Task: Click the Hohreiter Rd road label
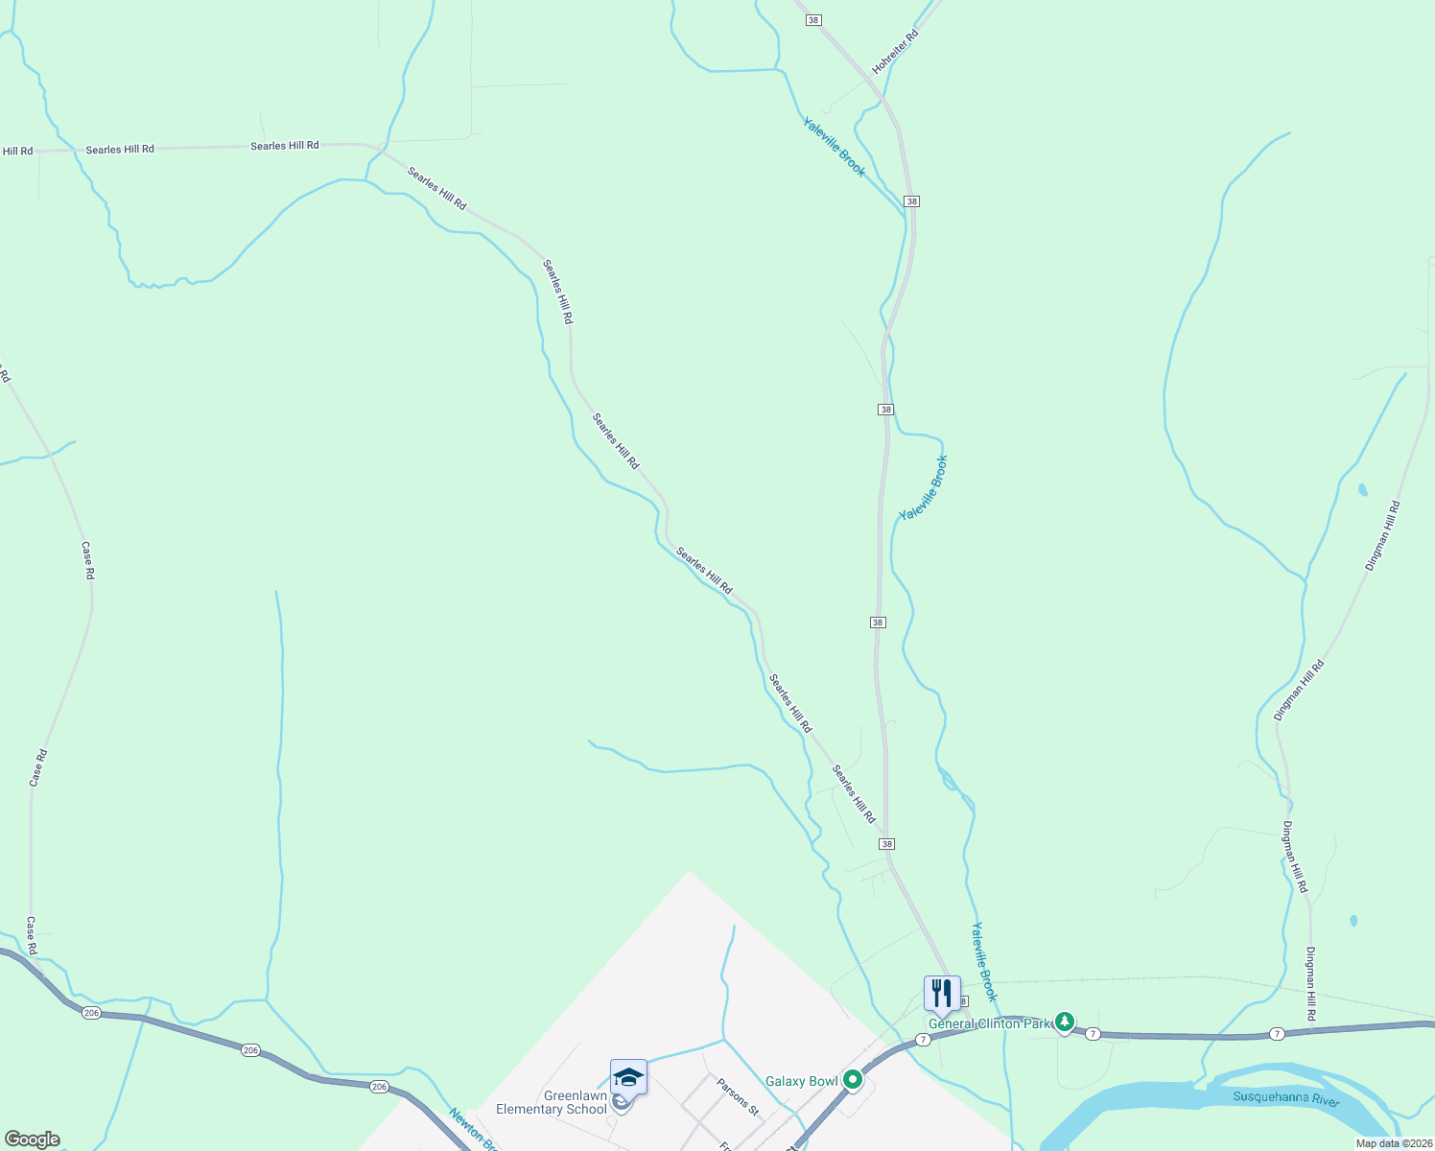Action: coord(895,52)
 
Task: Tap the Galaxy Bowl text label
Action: coord(802,1081)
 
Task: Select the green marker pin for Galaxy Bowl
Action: coord(853,1080)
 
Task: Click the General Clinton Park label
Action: coord(989,1023)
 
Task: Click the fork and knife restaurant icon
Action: coord(942,994)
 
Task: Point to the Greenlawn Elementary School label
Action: coord(552,1102)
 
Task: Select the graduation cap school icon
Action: coord(628,1077)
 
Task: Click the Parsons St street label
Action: coord(738,1096)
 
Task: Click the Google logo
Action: coord(32,1139)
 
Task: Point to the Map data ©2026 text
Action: coord(1394,1143)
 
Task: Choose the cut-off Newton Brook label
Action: coord(473,1130)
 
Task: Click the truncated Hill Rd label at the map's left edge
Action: coord(17,152)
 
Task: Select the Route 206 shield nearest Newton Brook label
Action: coord(380,1087)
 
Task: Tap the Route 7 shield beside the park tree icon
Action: coord(1093,1033)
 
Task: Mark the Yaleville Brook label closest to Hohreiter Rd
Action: coord(834,148)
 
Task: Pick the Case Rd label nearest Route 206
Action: coord(32,935)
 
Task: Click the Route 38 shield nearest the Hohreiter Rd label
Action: coord(813,20)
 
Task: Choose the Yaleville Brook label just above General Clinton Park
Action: coord(984,961)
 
